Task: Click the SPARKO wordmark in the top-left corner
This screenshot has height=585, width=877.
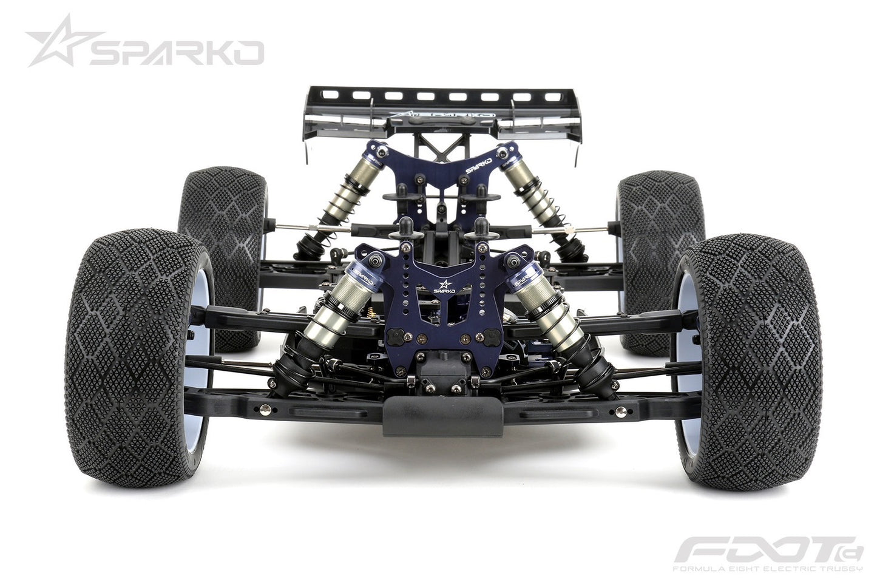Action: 176,53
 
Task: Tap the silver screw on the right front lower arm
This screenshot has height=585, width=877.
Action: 620,410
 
